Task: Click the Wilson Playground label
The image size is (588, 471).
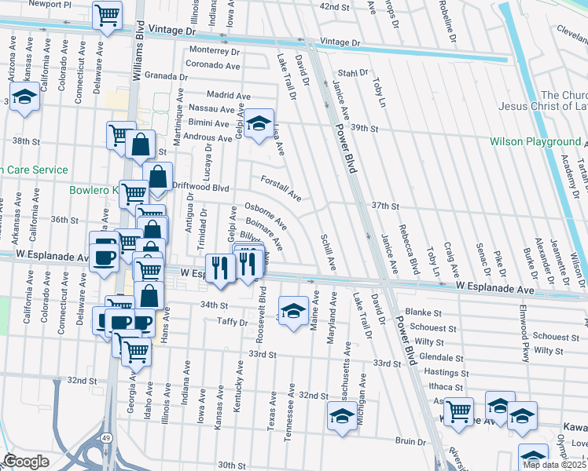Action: [x=535, y=142]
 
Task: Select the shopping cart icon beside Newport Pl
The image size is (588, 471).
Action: [x=106, y=15]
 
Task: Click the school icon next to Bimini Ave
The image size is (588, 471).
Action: [x=257, y=122]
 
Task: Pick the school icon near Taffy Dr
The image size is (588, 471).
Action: [x=292, y=311]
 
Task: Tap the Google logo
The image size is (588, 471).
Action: [x=26, y=462]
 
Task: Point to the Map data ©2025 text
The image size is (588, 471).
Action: [x=554, y=465]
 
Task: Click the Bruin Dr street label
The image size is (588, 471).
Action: [x=410, y=442]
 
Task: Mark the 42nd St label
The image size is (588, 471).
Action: [x=334, y=6]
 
